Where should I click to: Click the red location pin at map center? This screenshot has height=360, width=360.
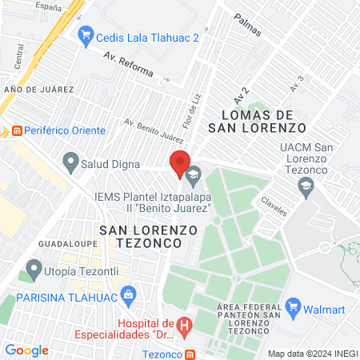[180, 162]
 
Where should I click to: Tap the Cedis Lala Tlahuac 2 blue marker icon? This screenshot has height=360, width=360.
[86, 36]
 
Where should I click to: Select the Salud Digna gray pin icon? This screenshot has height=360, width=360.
[70, 163]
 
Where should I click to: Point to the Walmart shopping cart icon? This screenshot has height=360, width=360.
[293, 306]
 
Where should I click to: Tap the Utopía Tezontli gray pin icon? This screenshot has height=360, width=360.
[34, 270]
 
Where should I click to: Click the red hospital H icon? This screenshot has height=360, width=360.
[184, 326]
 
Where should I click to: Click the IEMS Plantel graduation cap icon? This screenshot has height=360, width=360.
[193, 174]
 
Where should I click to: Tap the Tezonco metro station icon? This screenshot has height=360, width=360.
[190, 354]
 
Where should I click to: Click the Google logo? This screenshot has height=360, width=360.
[26, 350]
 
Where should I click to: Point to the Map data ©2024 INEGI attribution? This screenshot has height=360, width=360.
[312, 354]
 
